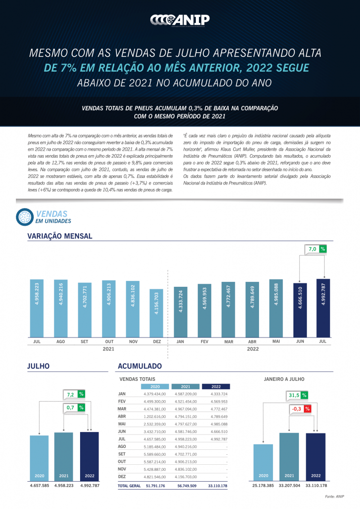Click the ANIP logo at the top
pos(180,19)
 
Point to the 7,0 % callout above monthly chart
pos(316,249)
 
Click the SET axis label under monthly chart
pos(84,342)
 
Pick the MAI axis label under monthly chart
pos(275,342)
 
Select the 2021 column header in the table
pos(185,386)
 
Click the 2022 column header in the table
pos(216,386)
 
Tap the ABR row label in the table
pos(122,416)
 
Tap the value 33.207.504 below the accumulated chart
pos(289,485)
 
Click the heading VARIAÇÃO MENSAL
pos(60,236)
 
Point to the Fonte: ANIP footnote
pos(334,497)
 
